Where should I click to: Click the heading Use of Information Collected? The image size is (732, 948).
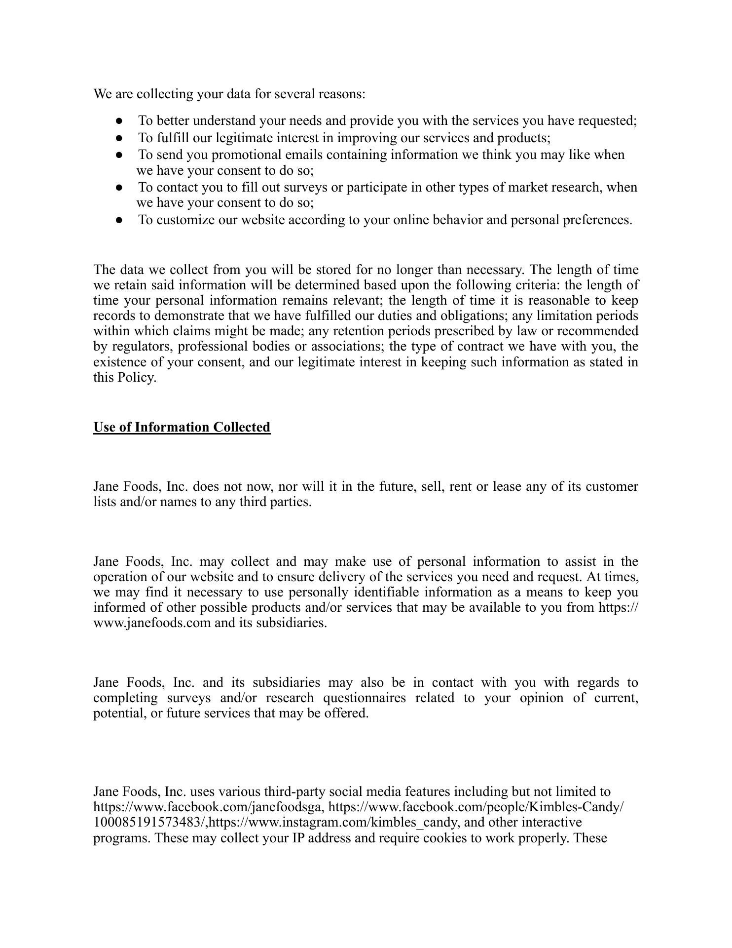pyautogui.click(x=182, y=427)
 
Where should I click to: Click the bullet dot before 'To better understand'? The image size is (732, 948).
pyautogui.click(x=119, y=120)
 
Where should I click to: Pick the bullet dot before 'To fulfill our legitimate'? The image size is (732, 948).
pyautogui.click(x=119, y=137)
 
